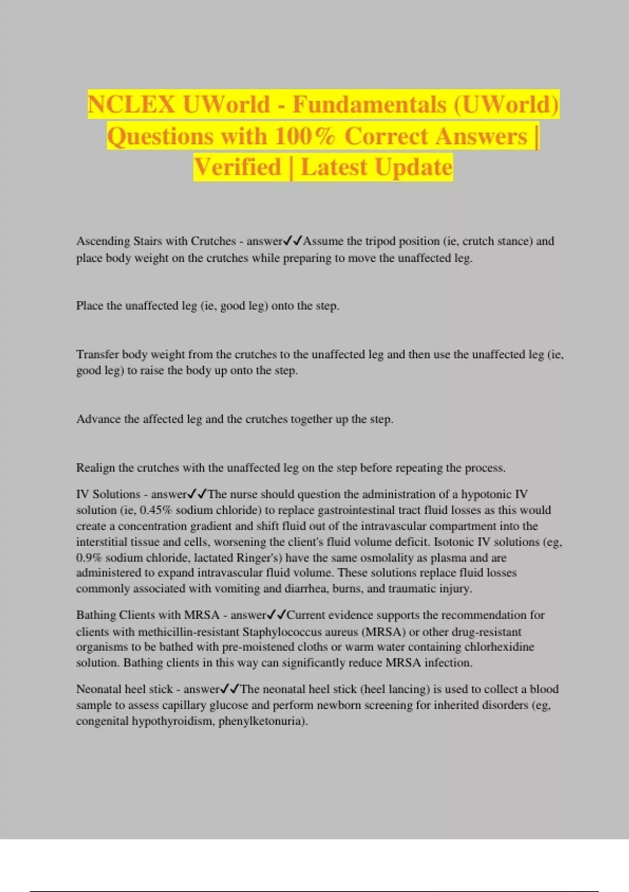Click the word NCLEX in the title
[x=131, y=104]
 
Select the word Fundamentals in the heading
[x=370, y=104]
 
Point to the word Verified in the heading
[x=237, y=167]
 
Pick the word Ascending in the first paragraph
[x=103, y=241]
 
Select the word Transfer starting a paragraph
[x=97, y=355]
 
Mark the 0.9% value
[x=89, y=558]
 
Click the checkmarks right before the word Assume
[x=293, y=241]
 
